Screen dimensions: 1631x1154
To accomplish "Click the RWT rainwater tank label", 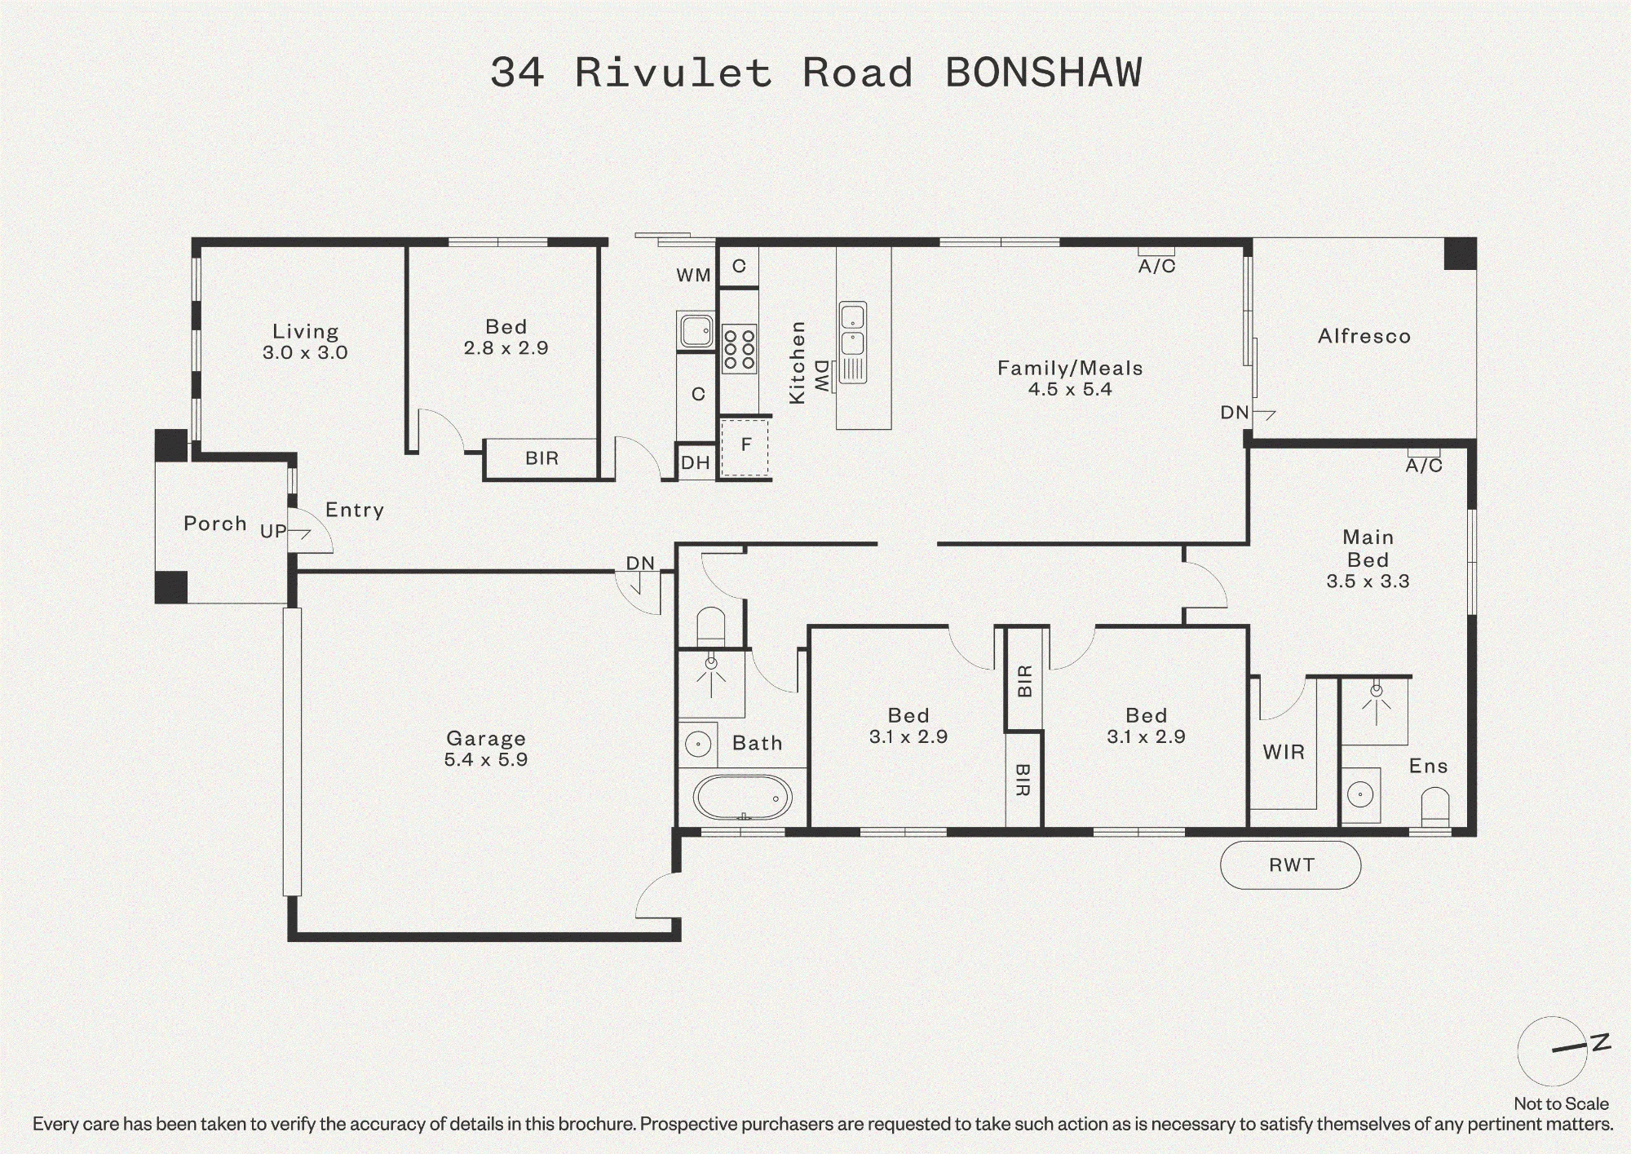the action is point(1292,864).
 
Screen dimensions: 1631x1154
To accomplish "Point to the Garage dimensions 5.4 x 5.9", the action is point(486,759).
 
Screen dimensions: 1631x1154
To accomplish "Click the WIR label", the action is point(1284,752).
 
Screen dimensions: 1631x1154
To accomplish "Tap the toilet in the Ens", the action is point(1435,807).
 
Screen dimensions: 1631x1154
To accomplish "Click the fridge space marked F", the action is point(745,448).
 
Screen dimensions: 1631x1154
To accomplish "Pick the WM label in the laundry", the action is point(693,276).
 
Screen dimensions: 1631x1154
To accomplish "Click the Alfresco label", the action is point(1364,336).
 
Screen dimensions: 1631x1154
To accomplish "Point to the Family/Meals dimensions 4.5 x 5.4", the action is point(1070,389).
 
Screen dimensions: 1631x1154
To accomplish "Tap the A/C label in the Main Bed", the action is point(1424,465).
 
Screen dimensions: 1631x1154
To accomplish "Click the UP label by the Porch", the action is point(273,531).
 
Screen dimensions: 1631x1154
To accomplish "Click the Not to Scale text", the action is point(1561,1103).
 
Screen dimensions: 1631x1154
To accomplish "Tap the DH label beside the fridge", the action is point(695,463).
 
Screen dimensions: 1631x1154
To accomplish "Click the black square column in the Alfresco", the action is point(1461,254).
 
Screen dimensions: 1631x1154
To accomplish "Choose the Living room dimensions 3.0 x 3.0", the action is point(305,352).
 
